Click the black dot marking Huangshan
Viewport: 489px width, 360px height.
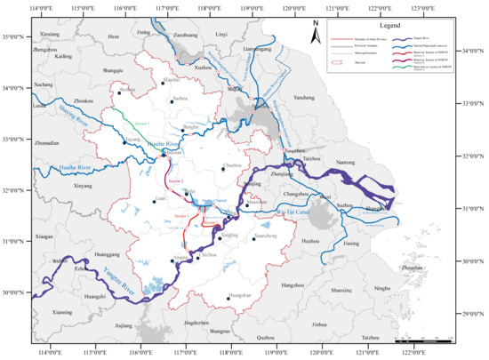click(x=228, y=299)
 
